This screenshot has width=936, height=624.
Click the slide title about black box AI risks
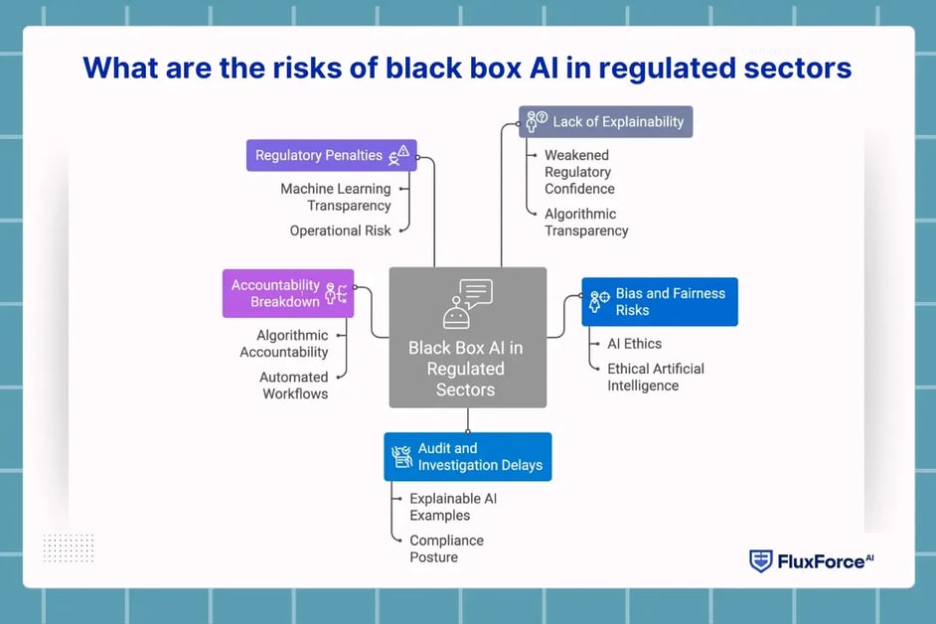467,68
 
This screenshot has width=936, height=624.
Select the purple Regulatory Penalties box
331,155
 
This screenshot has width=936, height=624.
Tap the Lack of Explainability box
605,121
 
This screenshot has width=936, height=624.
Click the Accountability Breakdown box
287,293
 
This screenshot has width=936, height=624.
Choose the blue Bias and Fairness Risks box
659,302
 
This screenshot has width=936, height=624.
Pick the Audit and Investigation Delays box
467,457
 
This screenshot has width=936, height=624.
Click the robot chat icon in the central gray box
467,303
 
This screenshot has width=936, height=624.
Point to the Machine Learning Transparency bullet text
336,197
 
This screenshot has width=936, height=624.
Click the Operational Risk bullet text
340,231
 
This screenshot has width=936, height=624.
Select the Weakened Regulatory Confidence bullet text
579,172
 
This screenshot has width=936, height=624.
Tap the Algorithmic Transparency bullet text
586,222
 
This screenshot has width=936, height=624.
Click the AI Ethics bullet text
634,343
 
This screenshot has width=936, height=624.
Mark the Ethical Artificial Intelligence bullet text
655,377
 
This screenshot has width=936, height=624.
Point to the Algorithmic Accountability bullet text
284,344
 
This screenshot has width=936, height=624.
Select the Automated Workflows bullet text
294,385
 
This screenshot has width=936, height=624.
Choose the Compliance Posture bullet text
446,548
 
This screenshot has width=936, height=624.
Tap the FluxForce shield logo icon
760,560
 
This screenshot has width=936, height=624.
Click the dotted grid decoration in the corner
69,547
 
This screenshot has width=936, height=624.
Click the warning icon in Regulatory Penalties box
399,155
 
